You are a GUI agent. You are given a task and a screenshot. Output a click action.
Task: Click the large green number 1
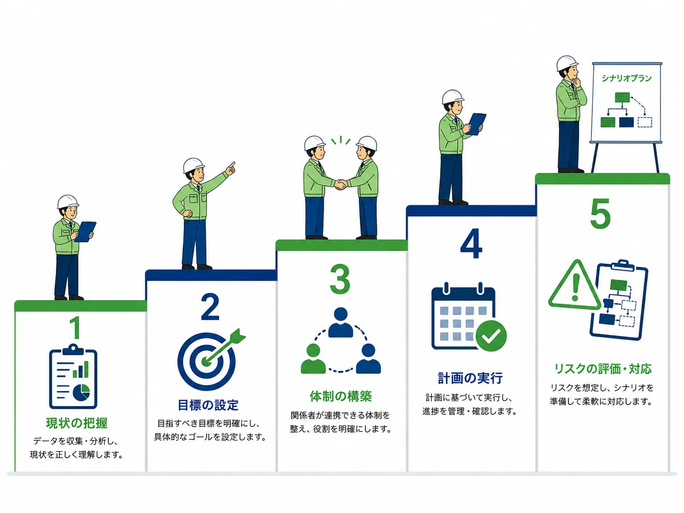click(x=76, y=327)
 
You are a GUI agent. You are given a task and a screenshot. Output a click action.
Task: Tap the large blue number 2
click(x=210, y=307)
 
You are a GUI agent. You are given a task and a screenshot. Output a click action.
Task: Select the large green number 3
click(x=340, y=279)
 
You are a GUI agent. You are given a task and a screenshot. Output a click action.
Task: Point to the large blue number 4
click(x=471, y=243)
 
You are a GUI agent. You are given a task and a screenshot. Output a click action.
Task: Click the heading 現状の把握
click(x=77, y=423)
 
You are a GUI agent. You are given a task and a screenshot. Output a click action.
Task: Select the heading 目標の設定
click(x=208, y=405)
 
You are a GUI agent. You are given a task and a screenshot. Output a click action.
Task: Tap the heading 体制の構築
click(x=341, y=396)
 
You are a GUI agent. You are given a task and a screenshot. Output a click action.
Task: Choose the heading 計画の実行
click(x=470, y=378)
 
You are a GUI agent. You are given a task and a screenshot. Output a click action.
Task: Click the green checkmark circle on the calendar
click(x=491, y=336)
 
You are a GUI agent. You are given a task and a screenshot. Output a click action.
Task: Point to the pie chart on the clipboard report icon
click(x=82, y=392)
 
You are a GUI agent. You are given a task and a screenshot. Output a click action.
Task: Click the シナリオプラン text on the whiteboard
click(x=626, y=78)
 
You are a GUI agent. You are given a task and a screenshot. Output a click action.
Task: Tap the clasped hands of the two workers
click(x=341, y=184)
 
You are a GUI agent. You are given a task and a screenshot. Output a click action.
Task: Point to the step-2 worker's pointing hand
click(x=231, y=168)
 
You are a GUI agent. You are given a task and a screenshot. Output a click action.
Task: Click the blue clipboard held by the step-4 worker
click(x=476, y=124)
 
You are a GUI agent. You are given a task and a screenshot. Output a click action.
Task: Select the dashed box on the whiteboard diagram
click(x=645, y=122)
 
